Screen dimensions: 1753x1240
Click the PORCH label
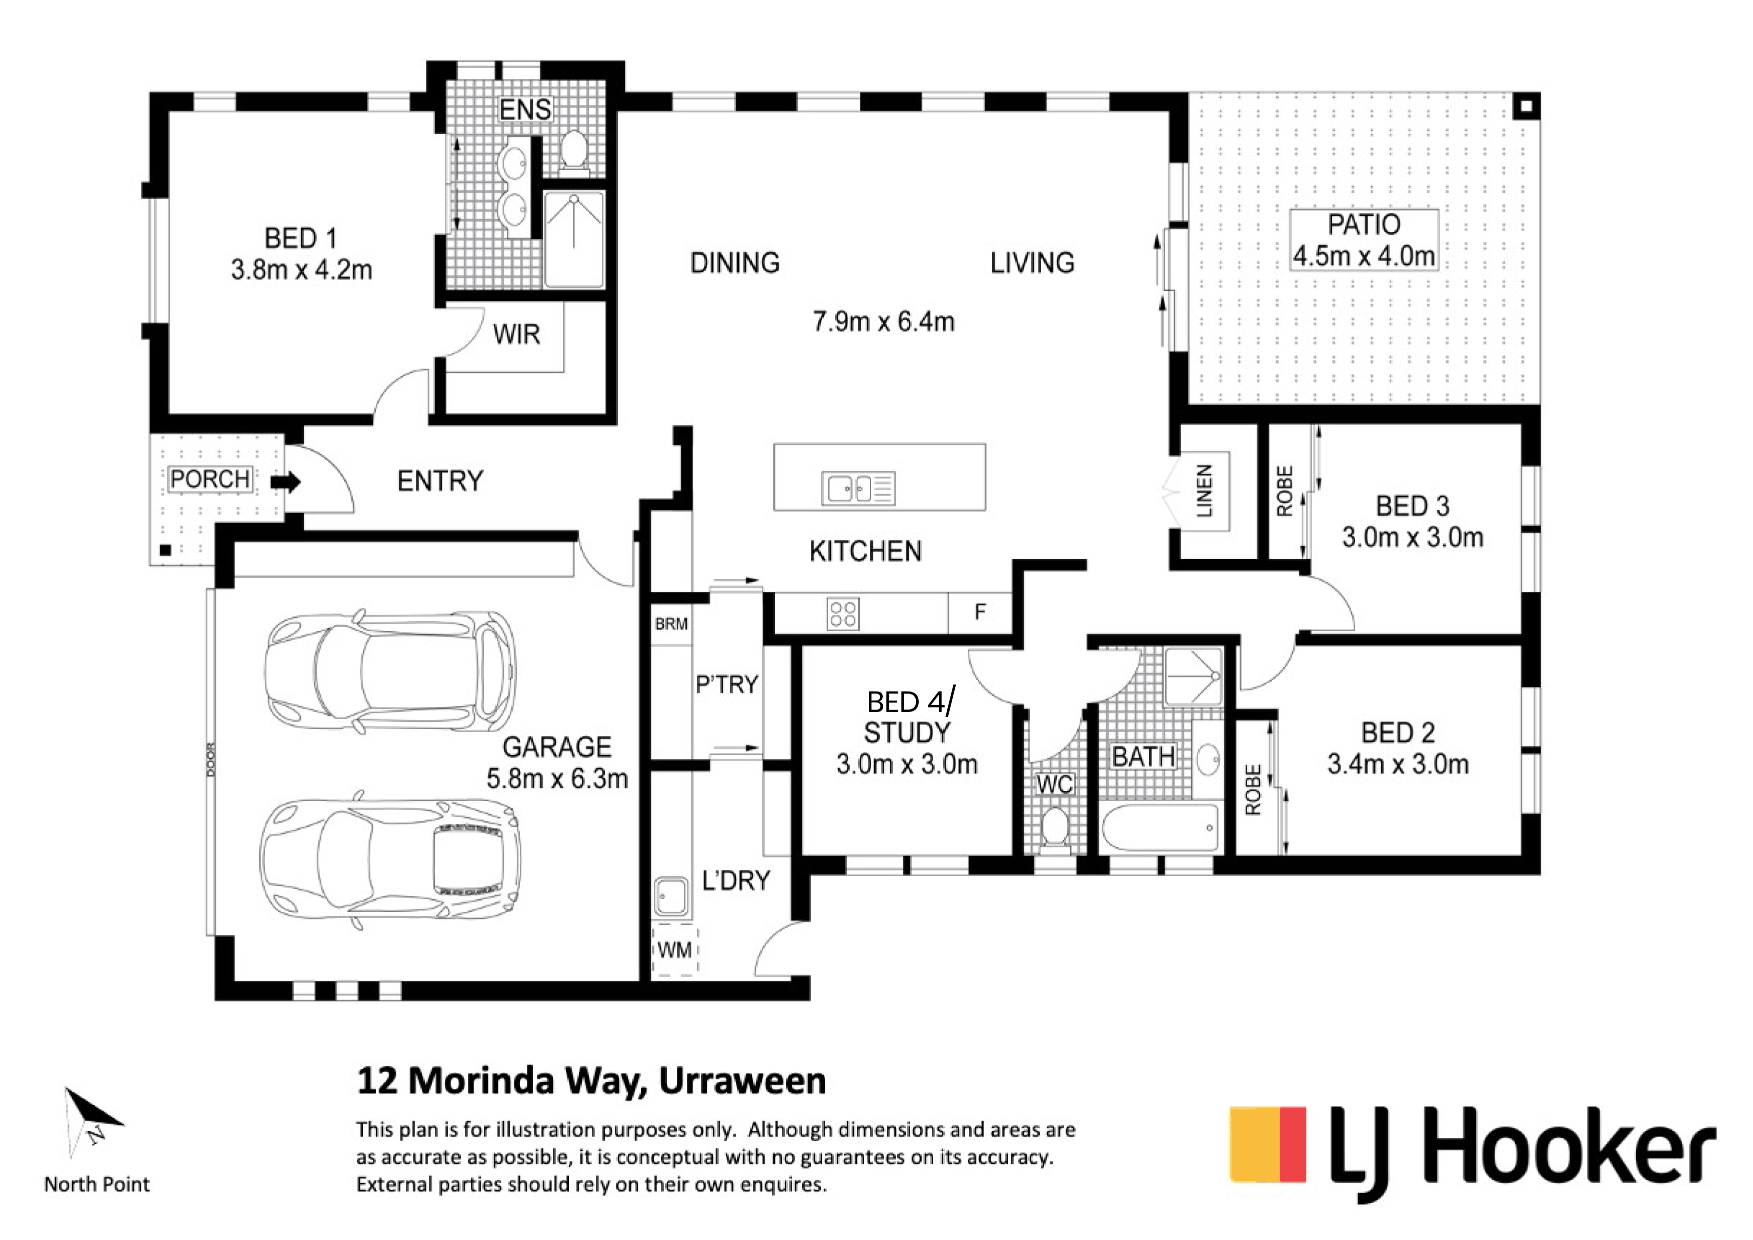(210, 479)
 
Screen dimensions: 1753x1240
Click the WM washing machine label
(675, 950)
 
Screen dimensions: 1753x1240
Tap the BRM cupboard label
(671, 624)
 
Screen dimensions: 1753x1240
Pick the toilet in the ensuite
(573, 149)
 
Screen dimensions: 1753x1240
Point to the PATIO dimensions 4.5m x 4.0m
(1364, 256)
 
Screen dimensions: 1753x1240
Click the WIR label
(517, 334)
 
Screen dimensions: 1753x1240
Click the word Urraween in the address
(742, 1081)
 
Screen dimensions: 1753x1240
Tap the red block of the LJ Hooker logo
(1293, 1144)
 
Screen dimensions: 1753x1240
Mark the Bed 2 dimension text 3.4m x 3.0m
(1398, 764)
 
